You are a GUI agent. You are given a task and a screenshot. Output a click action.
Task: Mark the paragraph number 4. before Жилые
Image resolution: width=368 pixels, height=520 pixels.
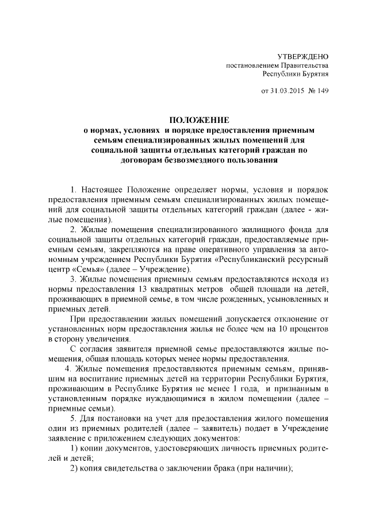67,368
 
